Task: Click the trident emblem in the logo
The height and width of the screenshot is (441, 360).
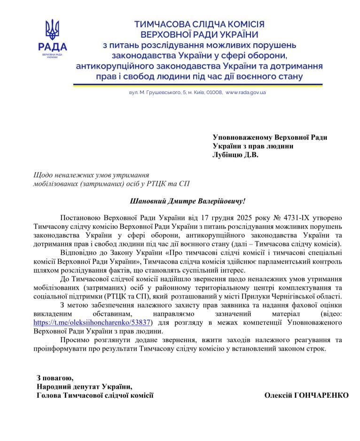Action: pyautogui.click(x=52, y=29)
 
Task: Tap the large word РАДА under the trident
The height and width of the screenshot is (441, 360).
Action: pyautogui.click(x=52, y=47)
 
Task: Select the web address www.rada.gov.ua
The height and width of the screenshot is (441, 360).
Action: pyautogui.click(x=245, y=93)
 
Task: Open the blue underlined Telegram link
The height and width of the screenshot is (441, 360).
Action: pyautogui.click(x=92, y=323)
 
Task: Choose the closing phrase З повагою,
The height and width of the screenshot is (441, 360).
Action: pyautogui.click(x=55, y=377)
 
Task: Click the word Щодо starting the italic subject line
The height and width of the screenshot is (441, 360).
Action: pyautogui.click(x=42, y=174)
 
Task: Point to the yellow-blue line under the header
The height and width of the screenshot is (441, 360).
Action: pyautogui.click(x=197, y=85)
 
